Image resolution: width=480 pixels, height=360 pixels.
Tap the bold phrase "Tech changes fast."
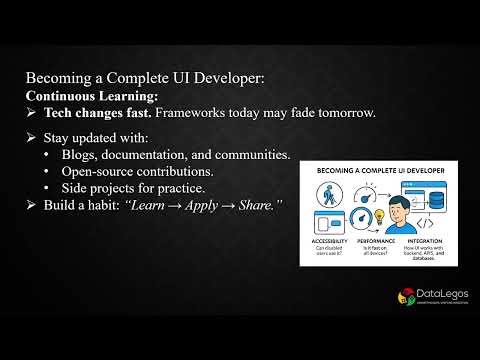94,113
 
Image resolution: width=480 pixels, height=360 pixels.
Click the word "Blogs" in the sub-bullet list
83,155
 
